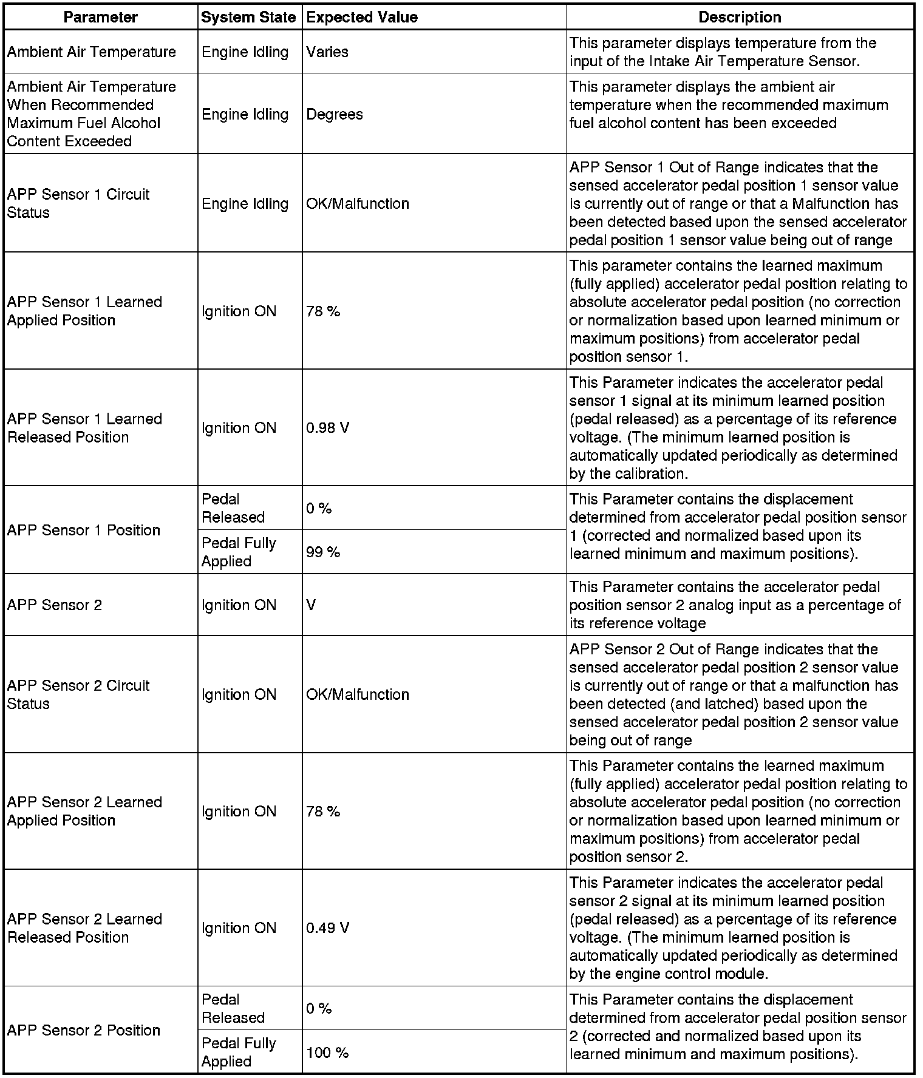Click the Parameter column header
pos(101,17)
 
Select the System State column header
pos(248,17)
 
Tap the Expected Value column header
pos(362,17)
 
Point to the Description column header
pos(740,17)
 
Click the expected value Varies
pos(327,52)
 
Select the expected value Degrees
pos(335,114)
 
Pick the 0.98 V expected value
pos(328,428)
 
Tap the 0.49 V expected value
pos(328,928)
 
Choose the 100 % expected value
pos(327,1053)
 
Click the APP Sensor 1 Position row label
pos(84,530)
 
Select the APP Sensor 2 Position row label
pos(84,1030)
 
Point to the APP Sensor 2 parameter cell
pos(55,605)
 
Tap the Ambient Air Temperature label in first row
pos(92,52)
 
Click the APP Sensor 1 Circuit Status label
pos(78,203)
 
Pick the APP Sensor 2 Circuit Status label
pos(78,694)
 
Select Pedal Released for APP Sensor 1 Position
pos(233,508)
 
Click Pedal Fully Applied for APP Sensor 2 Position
pos(239,1052)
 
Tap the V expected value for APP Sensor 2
pos(312,605)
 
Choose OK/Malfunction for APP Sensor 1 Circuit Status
pos(358,203)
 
